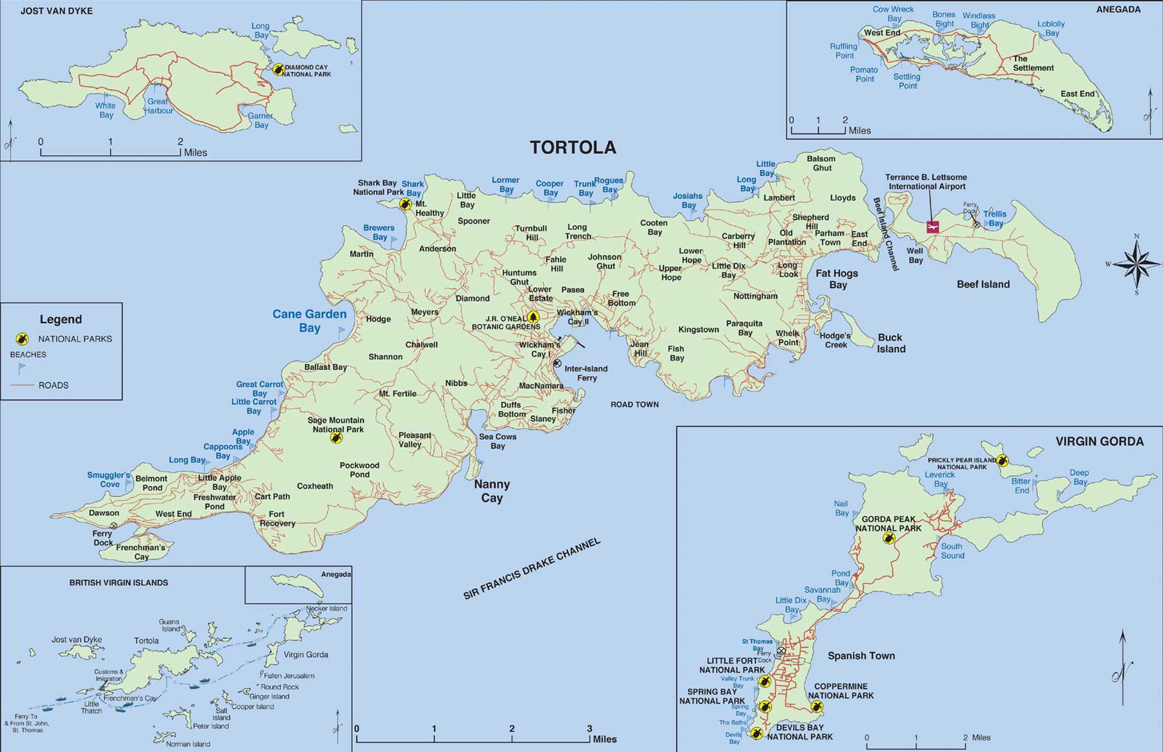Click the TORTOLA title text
(x=572, y=147)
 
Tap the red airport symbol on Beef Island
(x=932, y=227)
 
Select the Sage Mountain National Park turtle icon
(x=336, y=438)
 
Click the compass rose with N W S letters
(x=1137, y=264)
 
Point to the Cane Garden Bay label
(x=309, y=320)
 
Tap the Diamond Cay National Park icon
(x=278, y=69)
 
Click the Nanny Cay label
(x=492, y=491)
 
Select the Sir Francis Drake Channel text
(x=532, y=569)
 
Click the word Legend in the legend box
(x=61, y=319)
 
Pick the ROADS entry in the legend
(x=53, y=385)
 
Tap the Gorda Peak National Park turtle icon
(x=889, y=538)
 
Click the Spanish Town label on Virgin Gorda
(x=861, y=656)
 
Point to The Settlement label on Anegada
(x=1032, y=63)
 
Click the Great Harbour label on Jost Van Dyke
(x=158, y=106)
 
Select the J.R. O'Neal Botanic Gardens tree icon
(x=533, y=317)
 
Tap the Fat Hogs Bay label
(x=837, y=279)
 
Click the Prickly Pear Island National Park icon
(x=1001, y=461)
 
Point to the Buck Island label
(x=890, y=343)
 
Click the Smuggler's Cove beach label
(x=109, y=479)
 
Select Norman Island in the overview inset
(x=187, y=744)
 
